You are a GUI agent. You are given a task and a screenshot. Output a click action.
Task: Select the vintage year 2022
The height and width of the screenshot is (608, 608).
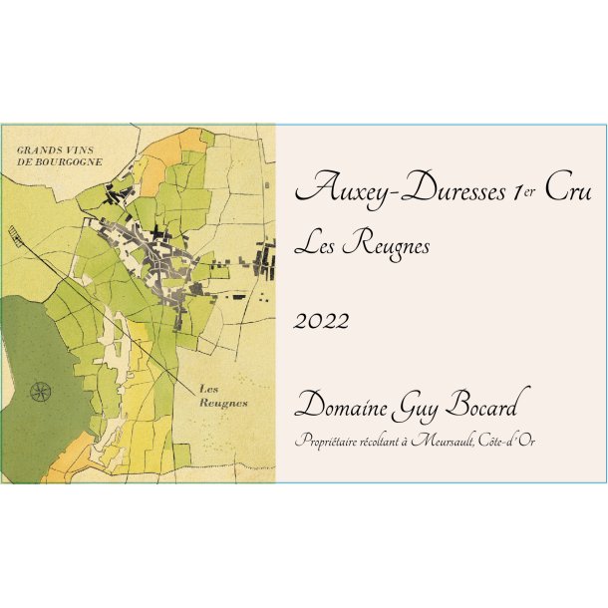pyautogui.click(x=322, y=321)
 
